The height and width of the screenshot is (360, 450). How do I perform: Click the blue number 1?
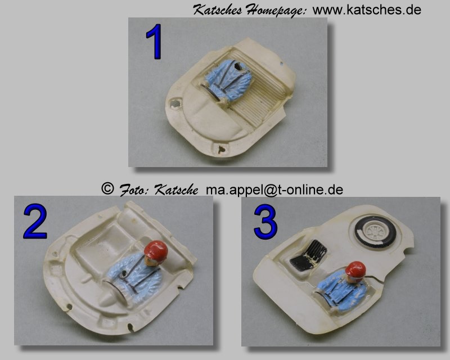155,42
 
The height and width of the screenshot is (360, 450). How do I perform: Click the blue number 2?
35,221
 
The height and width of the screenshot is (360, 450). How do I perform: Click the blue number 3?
265,222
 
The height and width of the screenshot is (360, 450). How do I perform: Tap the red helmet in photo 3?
355,270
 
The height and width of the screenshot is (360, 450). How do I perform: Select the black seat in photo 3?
308,255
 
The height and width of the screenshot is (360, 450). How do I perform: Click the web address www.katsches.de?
367,10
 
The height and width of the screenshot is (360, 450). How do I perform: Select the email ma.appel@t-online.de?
274,190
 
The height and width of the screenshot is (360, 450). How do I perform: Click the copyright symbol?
107,188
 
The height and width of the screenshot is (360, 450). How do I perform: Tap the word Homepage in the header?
276,11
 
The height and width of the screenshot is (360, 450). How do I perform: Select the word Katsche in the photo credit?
176,190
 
